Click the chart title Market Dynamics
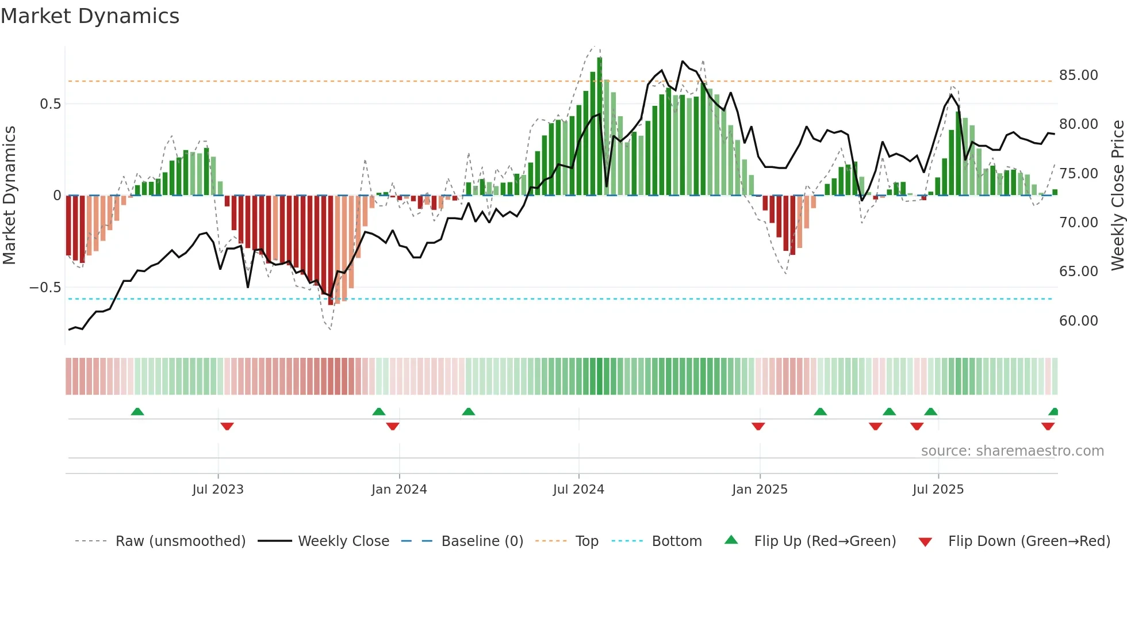pyautogui.click(x=90, y=16)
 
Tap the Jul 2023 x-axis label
pyautogui.click(x=218, y=489)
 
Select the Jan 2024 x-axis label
pyautogui.click(x=399, y=489)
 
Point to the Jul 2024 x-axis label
pyautogui.click(x=578, y=489)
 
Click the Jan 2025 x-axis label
pyautogui.click(x=760, y=489)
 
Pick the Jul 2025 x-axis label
pyautogui.click(x=938, y=489)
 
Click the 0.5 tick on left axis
pyautogui.click(x=50, y=104)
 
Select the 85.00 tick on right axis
pyautogui.click(x=1078, y=75)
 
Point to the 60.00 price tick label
pyautogui.click(x=1078, y=320)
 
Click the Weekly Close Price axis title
pyautogui.click(x=1117, y=195)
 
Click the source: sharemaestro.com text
pyautogui.click(x=1012, y=450)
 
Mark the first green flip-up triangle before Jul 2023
pyautogui.click(x=137, y=411)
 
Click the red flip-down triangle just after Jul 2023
pyautogui.click(x=227, y=426)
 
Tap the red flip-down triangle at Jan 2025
pyautogui.click(x=758, y=426)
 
